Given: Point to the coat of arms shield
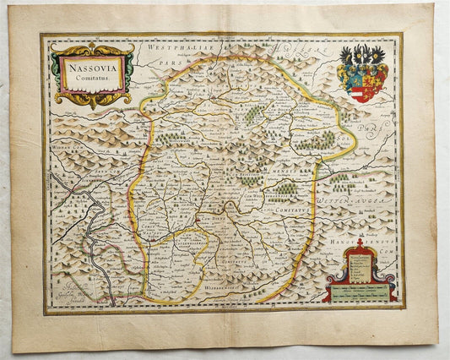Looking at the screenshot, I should pos(364,84).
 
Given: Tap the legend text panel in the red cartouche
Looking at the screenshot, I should pos(359,265).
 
